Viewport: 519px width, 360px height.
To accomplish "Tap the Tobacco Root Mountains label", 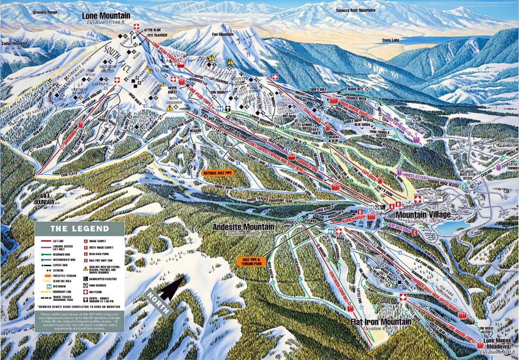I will (356, 10).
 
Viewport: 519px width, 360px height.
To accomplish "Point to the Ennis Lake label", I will (391, 40).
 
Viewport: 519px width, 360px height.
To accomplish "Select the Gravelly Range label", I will (45, 12).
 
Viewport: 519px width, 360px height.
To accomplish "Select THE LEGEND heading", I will (80, 228).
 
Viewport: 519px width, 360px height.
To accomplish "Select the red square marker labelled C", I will (414, 233).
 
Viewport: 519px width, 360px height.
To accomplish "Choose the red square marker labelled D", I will (359, 211).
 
